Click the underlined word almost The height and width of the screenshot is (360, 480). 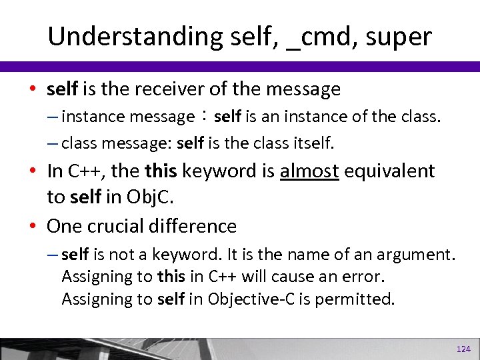pyautogui.click(x=311, y=171)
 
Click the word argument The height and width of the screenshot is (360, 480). pyautogui.click(x=421, y=254)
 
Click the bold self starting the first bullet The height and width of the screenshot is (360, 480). pyautogui.click(x=63, y=89)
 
